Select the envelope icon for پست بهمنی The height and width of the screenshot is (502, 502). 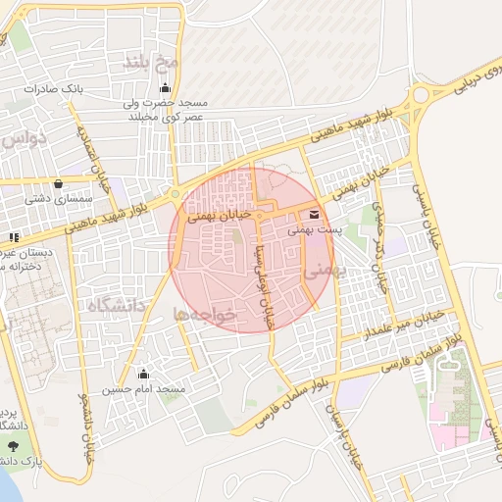point(314,214)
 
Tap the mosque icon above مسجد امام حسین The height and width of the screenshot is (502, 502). point(145,374)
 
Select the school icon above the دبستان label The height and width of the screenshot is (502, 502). point(15,236)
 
